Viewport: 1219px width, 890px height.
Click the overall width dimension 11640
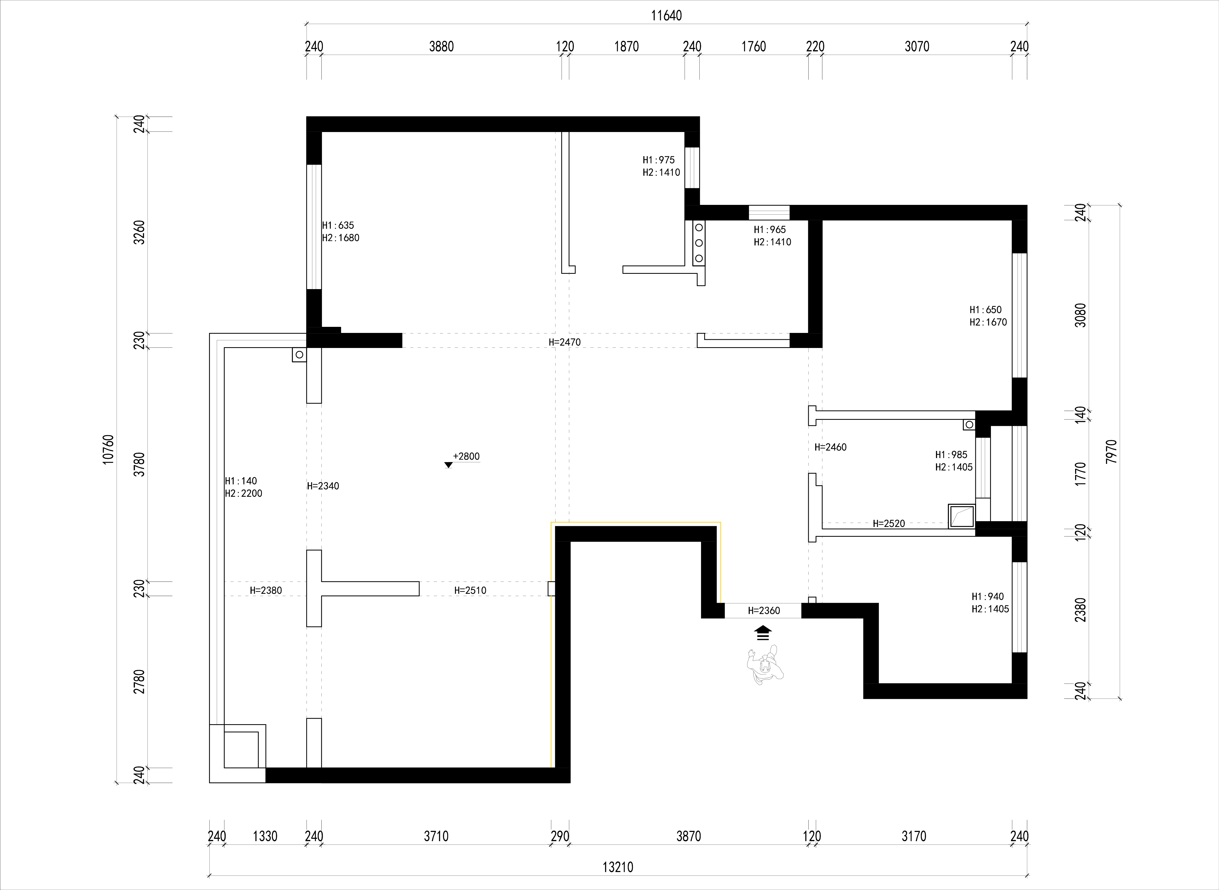point(666,16)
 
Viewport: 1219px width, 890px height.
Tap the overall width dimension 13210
point(618,867)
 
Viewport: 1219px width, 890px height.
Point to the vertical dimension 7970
point(1111,451)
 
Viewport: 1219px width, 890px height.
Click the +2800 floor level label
point(466,456)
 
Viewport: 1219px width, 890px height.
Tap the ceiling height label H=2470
point(564,342)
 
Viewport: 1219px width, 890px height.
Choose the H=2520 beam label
point(889,523)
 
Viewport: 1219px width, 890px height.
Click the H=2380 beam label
point(266,590)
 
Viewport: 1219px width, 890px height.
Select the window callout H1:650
point(986,310)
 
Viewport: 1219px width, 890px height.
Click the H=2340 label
point(323,486)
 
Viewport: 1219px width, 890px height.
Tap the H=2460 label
point(831,447)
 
